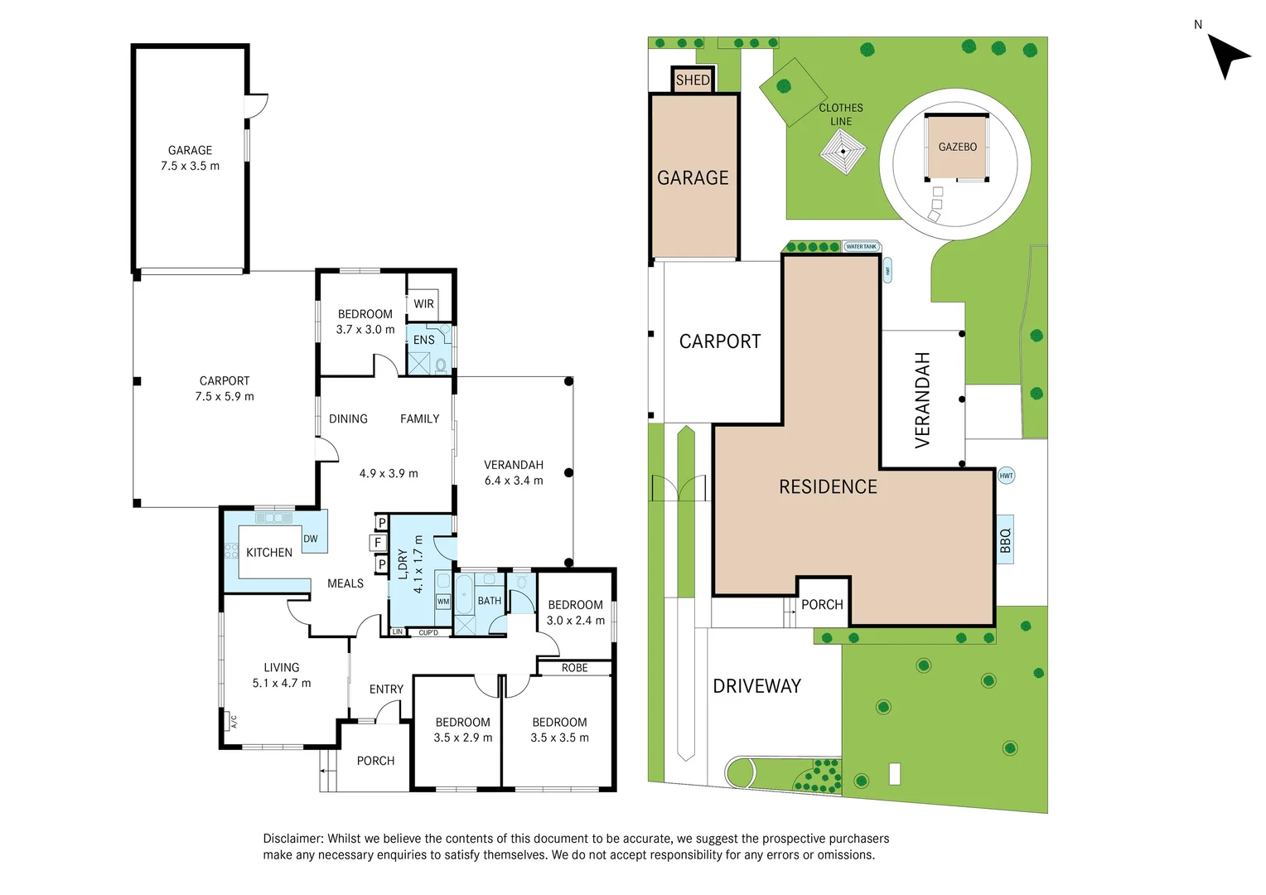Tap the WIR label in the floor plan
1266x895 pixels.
coord(423,304)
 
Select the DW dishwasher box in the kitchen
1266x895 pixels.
coord(311,539)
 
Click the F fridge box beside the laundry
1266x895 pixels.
coord(378,543)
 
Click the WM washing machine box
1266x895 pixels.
coord(443,602)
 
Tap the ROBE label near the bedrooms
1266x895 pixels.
coord(574,668)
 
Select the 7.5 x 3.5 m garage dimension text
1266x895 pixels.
coord(190,166)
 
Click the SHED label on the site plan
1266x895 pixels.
coord(693,80)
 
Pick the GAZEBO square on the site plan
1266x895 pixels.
coord(957,147)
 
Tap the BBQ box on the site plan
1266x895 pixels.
coord(1005,540)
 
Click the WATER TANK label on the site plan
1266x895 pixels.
coord(861,247)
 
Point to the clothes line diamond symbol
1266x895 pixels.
coord(843,152)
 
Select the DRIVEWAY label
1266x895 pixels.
coord(756,686)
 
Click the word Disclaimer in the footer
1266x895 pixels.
coord(292,839)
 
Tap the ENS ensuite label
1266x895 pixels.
coord(423,340)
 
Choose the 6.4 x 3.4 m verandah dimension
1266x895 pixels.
coord(514,481)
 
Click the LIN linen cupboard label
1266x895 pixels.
coord(398,632)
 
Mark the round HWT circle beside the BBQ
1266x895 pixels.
coord(1006,476)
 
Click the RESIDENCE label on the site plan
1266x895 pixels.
coord(828,487)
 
